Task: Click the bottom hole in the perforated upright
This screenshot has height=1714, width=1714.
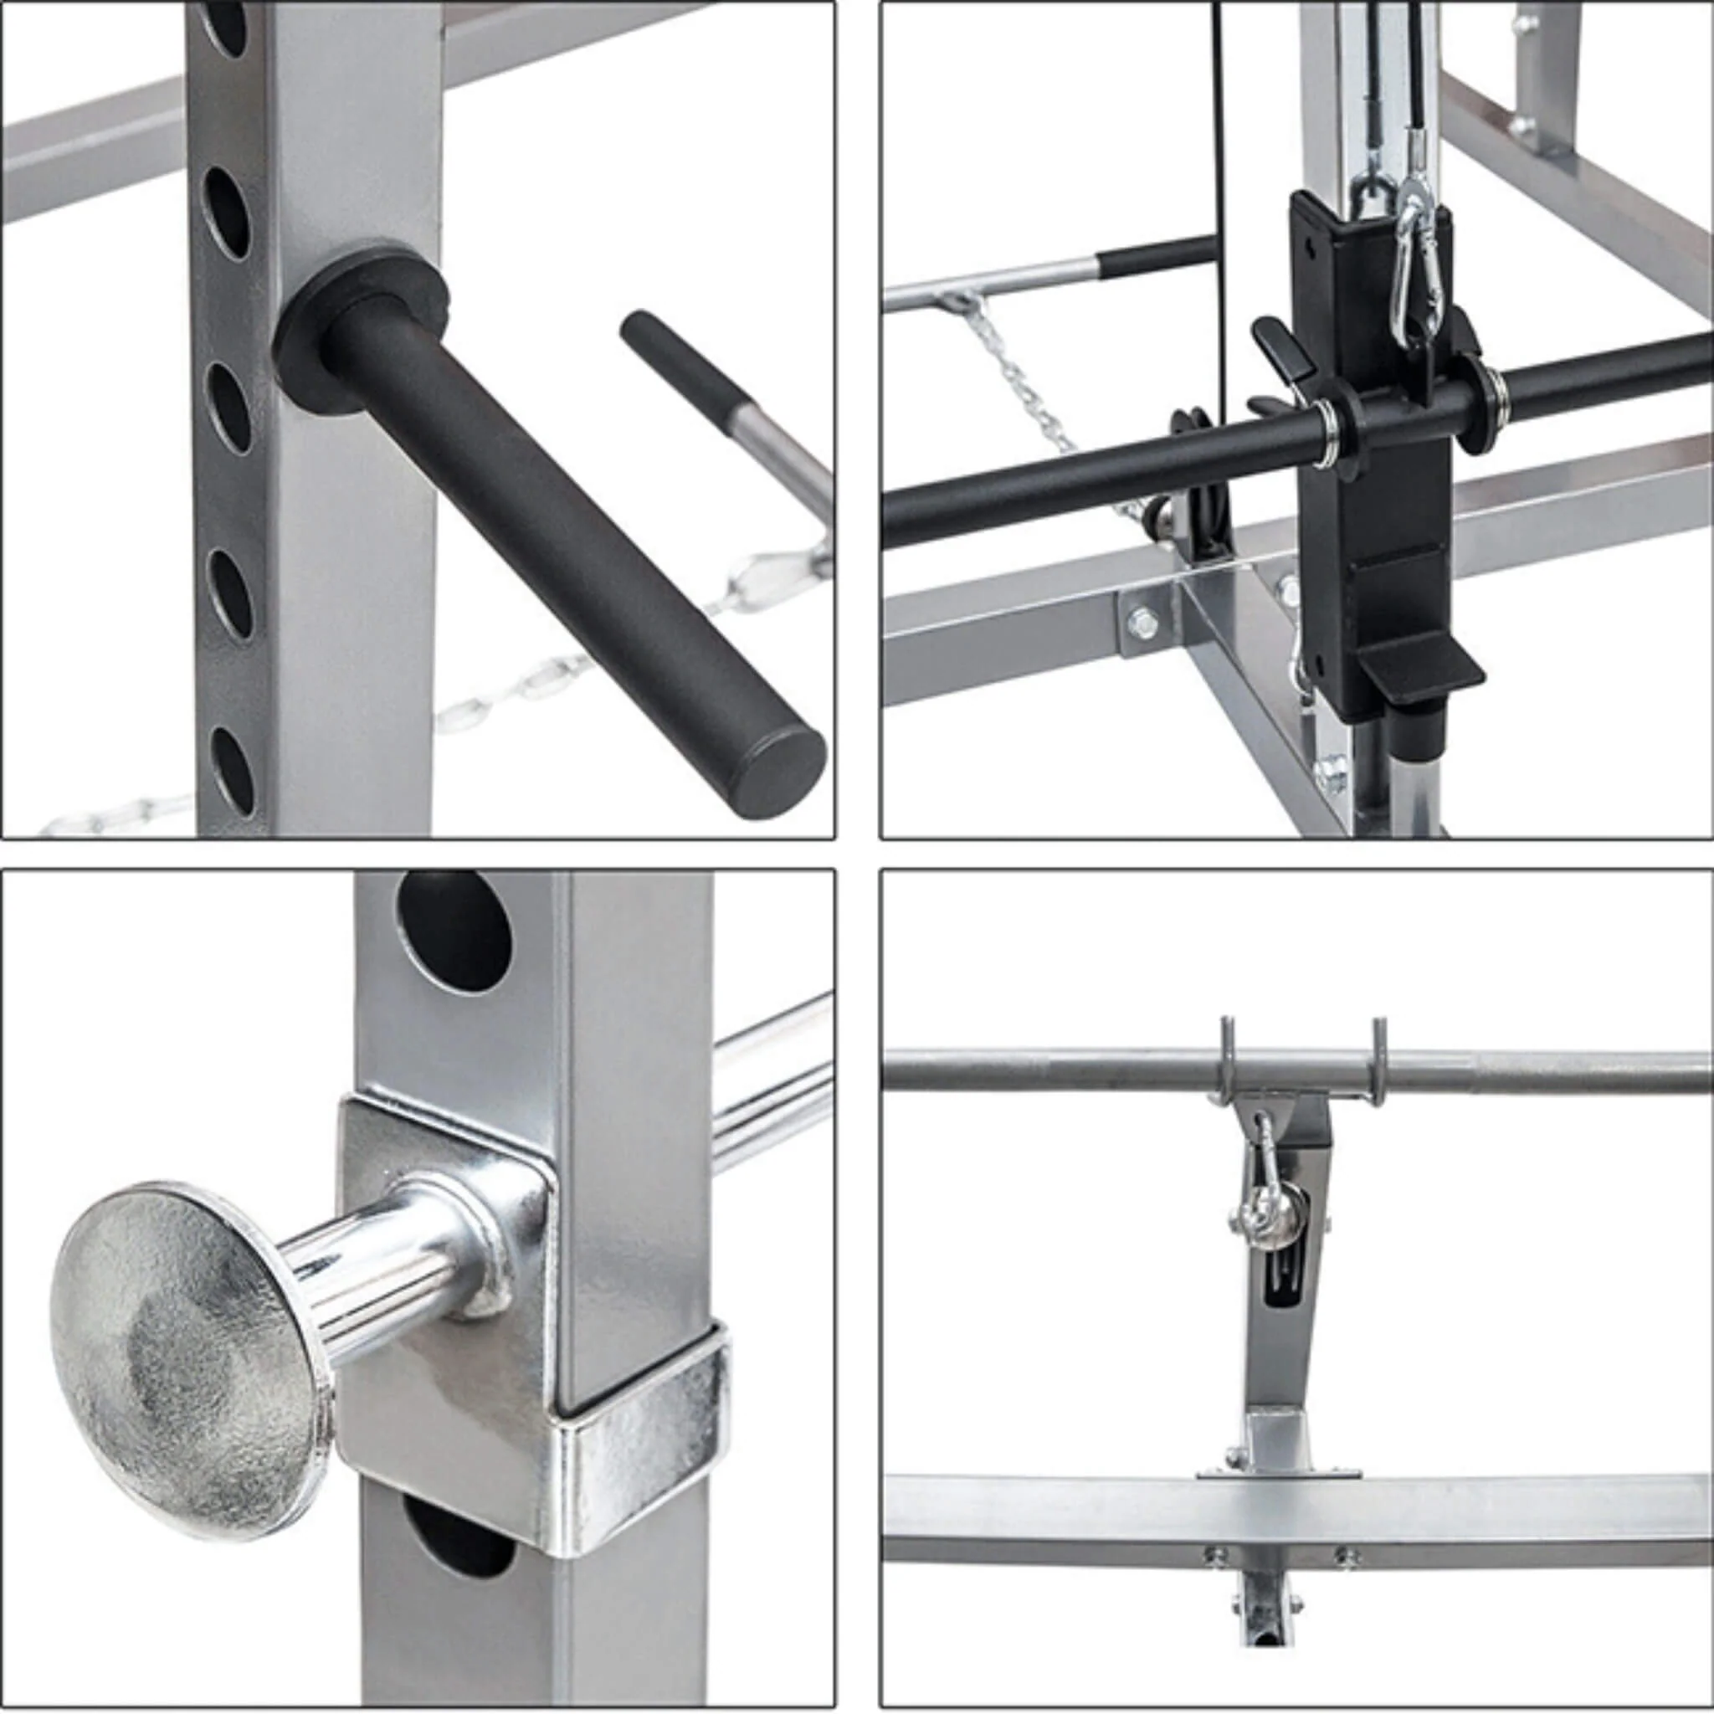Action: [x=233, y=764]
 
